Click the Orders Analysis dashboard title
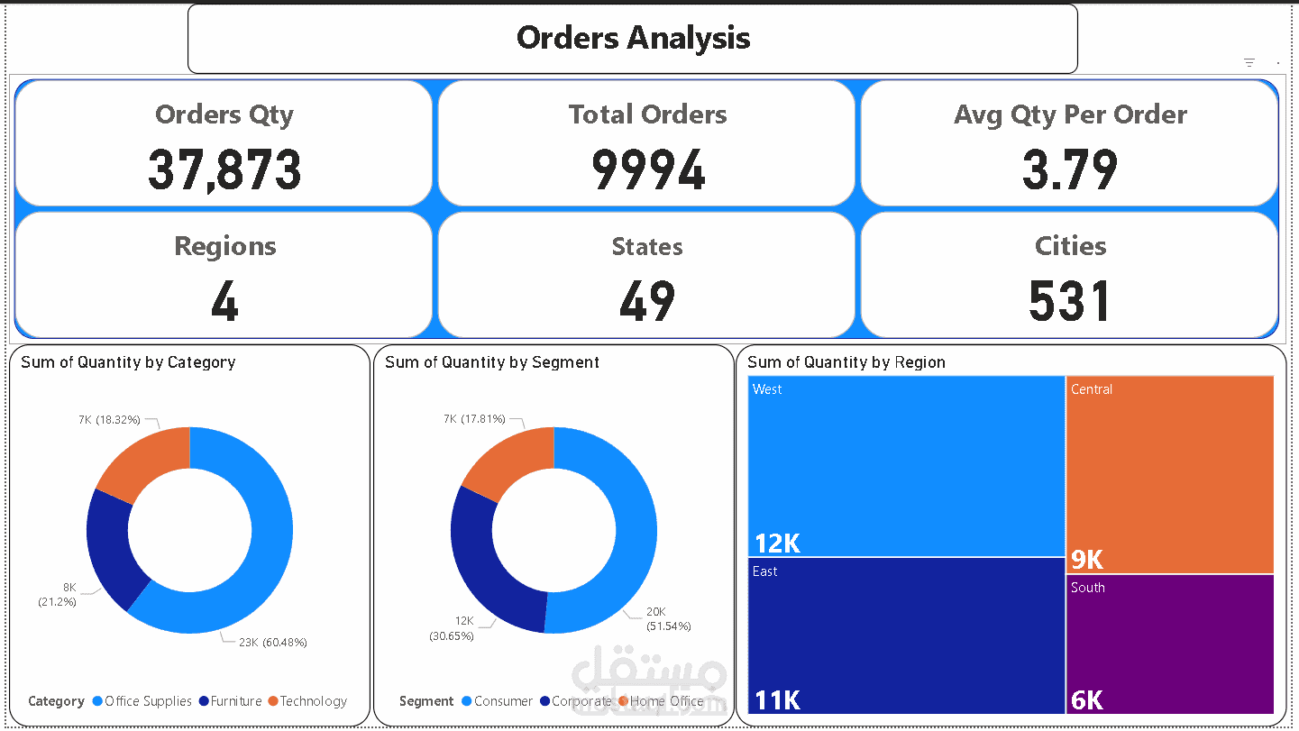coord(633,38)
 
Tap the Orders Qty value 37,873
coord(224,170)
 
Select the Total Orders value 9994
coord(647,170)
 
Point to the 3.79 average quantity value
coord(1070,170)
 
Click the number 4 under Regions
coord(224,302)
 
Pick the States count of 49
coord(647,302)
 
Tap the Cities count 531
coord(1070,302)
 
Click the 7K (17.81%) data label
coord(474,419)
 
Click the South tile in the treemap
coord(1169,642)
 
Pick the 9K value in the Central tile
coord(1086,560)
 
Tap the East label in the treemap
coord(764,571)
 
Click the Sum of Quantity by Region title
coord(846,362)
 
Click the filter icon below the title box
coord(1249,62)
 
